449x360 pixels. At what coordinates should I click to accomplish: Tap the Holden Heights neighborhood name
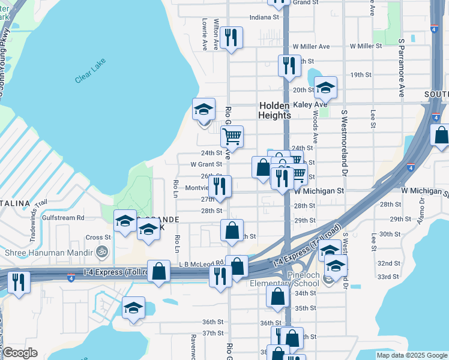(275, 110)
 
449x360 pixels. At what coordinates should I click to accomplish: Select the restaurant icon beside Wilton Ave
(231, 38)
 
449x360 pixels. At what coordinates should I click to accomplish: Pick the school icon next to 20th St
(325, 88)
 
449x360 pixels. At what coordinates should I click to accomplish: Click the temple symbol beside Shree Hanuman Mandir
(102, 252)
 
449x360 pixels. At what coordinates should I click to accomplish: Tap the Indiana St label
(265, 17)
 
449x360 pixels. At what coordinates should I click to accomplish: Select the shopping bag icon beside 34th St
(277, 296)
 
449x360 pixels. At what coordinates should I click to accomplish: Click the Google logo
(20, 353)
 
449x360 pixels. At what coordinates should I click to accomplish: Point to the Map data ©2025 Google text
(411, 355)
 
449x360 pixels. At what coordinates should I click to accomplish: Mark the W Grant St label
(206, 164)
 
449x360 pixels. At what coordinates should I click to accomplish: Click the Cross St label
(94, 238)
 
